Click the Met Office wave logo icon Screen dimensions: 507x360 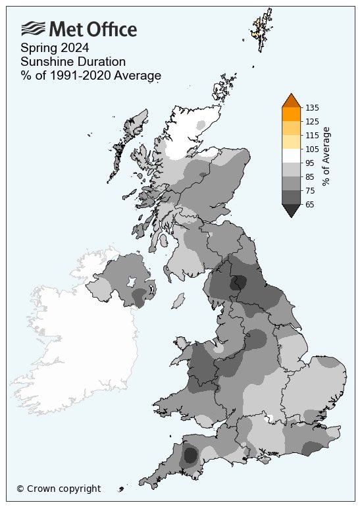point(33,28)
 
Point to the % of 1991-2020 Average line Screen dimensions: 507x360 point(91,76)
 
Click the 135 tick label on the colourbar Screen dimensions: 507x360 point(312,107)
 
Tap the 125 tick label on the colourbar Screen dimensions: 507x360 point(312,121)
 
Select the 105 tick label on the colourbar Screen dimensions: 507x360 point(312,149)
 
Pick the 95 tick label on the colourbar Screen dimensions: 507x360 point(310,163)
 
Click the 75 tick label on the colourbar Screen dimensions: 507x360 point(310,190)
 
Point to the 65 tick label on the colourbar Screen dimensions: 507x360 point(310,204)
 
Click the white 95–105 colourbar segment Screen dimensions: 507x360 point(291,155)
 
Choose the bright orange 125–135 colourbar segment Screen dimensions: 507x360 point(291,114)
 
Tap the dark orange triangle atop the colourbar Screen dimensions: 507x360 point(291,101)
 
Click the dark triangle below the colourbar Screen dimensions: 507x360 point(291,209)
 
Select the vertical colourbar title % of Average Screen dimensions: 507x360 point(326,155)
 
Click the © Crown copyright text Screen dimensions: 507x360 point(59,489)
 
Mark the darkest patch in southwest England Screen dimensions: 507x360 point(190,455)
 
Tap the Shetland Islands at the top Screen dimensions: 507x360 point(263,26)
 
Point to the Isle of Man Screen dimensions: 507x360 point(176,302)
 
